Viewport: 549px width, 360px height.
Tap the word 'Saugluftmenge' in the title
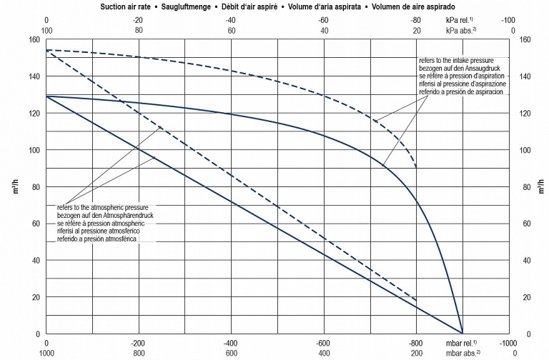click(x=198, y=6)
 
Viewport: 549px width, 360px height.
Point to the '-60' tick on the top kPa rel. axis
click(x=324, y=21)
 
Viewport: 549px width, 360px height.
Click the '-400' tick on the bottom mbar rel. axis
click(x=231, y=343)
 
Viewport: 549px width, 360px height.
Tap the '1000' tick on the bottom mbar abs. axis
click(x=46, y=353)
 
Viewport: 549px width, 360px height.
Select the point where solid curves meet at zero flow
click(x=463, y=334)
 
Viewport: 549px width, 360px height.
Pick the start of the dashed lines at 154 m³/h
click(x=46, y=50)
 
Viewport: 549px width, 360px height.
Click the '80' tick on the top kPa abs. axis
click(x=139, y=31)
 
